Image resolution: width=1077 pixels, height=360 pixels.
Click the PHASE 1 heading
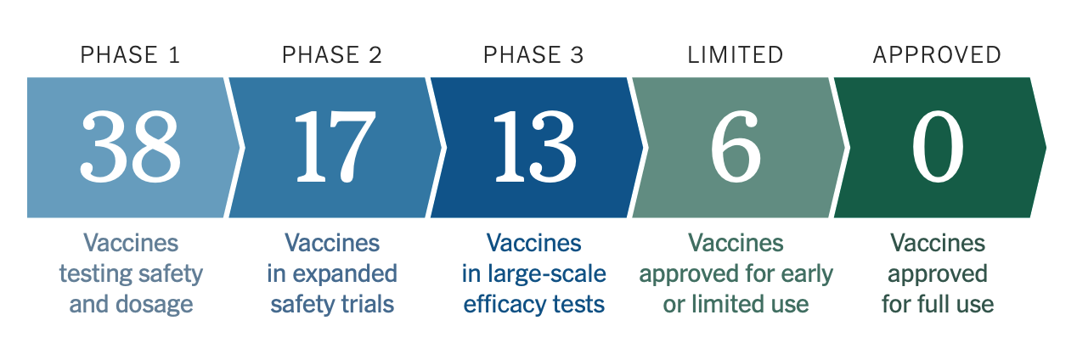130,55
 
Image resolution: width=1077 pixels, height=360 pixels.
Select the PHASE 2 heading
332,55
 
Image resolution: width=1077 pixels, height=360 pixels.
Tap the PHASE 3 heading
533,55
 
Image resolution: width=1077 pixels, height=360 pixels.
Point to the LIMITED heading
736,55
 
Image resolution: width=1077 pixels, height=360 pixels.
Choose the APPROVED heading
937,55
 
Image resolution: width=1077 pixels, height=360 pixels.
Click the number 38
130,147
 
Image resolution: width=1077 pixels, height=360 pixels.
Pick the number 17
335,147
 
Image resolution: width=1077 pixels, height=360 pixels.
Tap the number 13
535,147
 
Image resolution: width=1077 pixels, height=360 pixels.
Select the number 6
736,147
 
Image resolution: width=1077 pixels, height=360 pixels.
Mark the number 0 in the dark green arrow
938,147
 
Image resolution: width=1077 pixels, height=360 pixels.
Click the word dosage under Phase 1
155,305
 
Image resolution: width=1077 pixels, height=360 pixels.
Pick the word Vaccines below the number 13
533,243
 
